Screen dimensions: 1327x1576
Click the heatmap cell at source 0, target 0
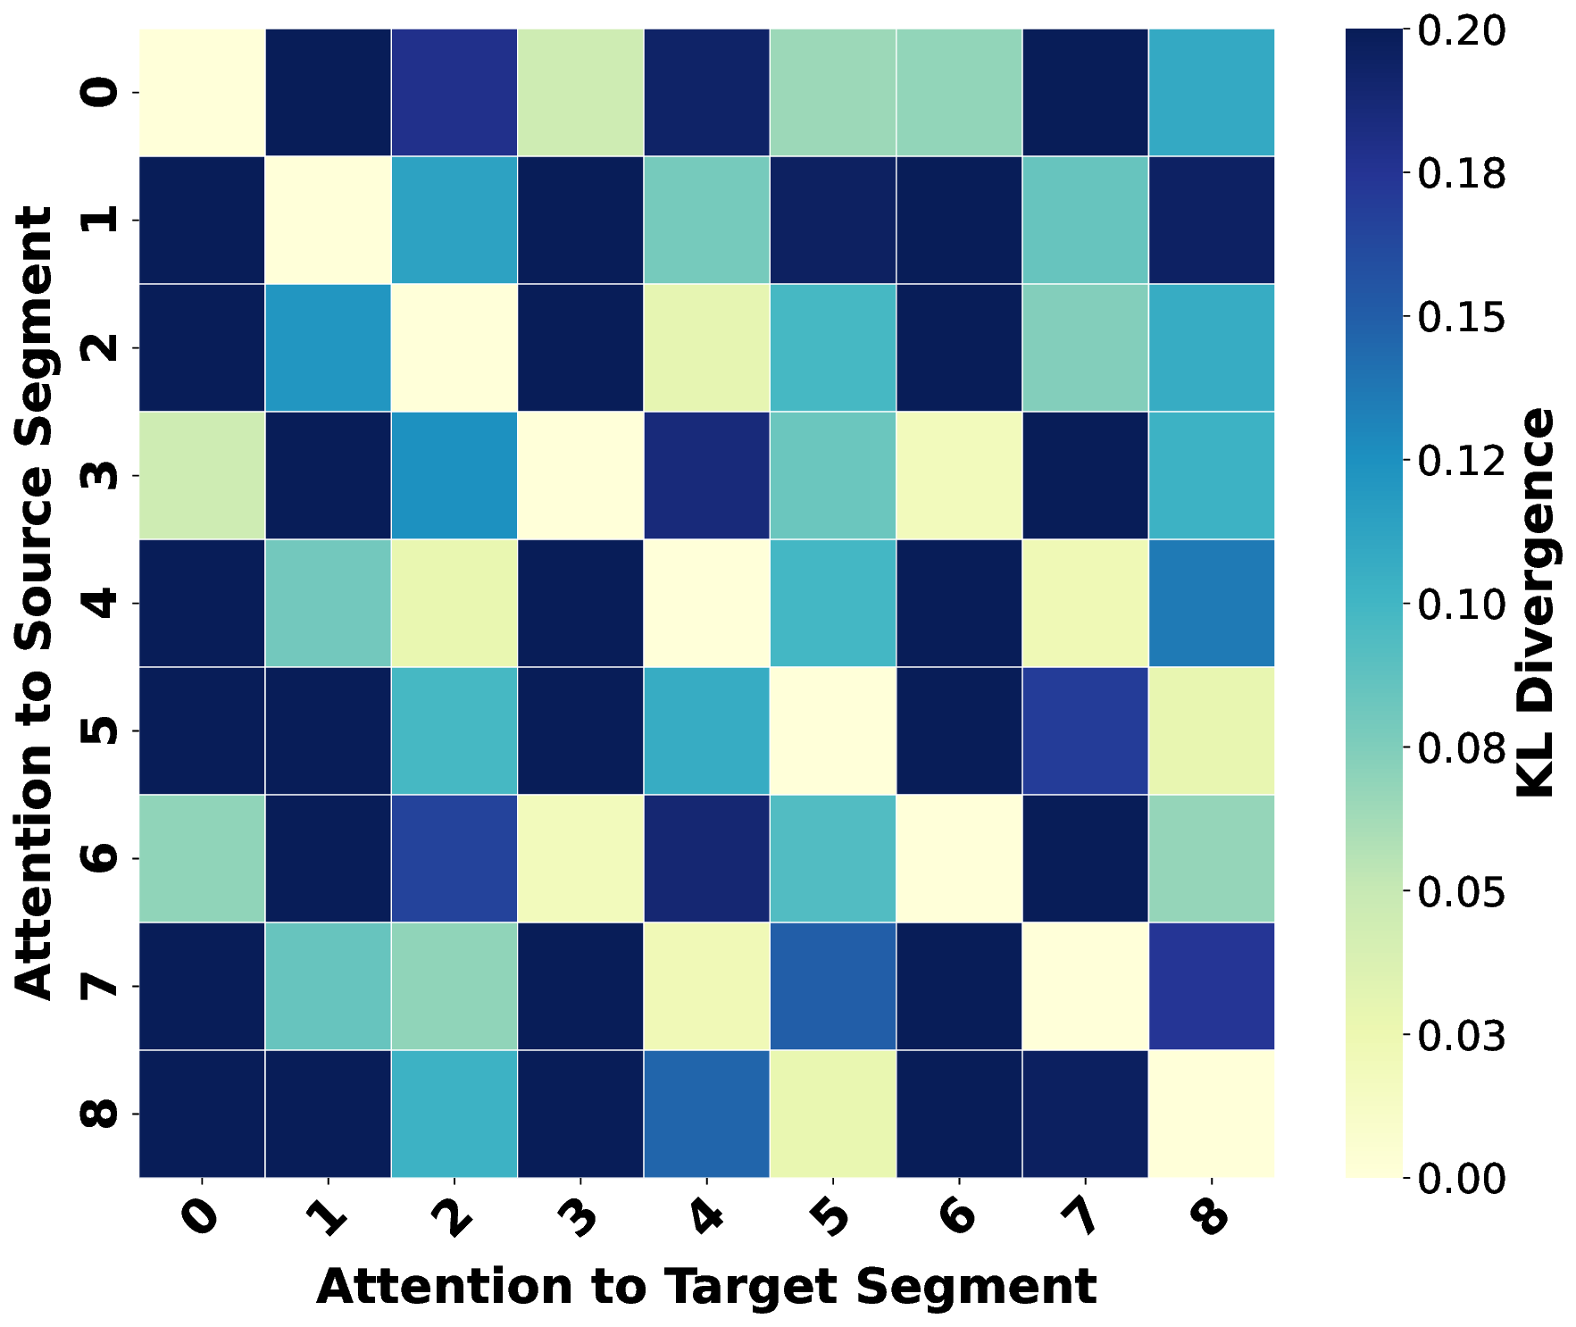tap(202, 92)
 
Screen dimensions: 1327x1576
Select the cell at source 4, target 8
tap(1212, 603)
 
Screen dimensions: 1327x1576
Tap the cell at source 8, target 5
tap(832, 1114)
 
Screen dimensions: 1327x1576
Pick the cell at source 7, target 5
tap(832, 986)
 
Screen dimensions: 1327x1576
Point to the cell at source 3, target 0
tap(202, 475)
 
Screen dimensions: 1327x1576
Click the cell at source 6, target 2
tap(454, 858)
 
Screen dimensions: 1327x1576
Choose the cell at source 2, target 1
tap(328, 347)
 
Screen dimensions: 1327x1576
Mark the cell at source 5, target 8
tap(1212, 730)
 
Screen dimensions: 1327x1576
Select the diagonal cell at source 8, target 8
tap(1212, 1114)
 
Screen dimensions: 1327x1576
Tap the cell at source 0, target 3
tap(580, 92)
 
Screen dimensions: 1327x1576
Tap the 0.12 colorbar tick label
tap(1461, 461)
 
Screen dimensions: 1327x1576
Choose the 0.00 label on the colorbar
tap(1461, 1179)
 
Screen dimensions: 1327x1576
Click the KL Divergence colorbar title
tap(1535, 603)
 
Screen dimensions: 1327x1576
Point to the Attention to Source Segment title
tap(36, 603)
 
